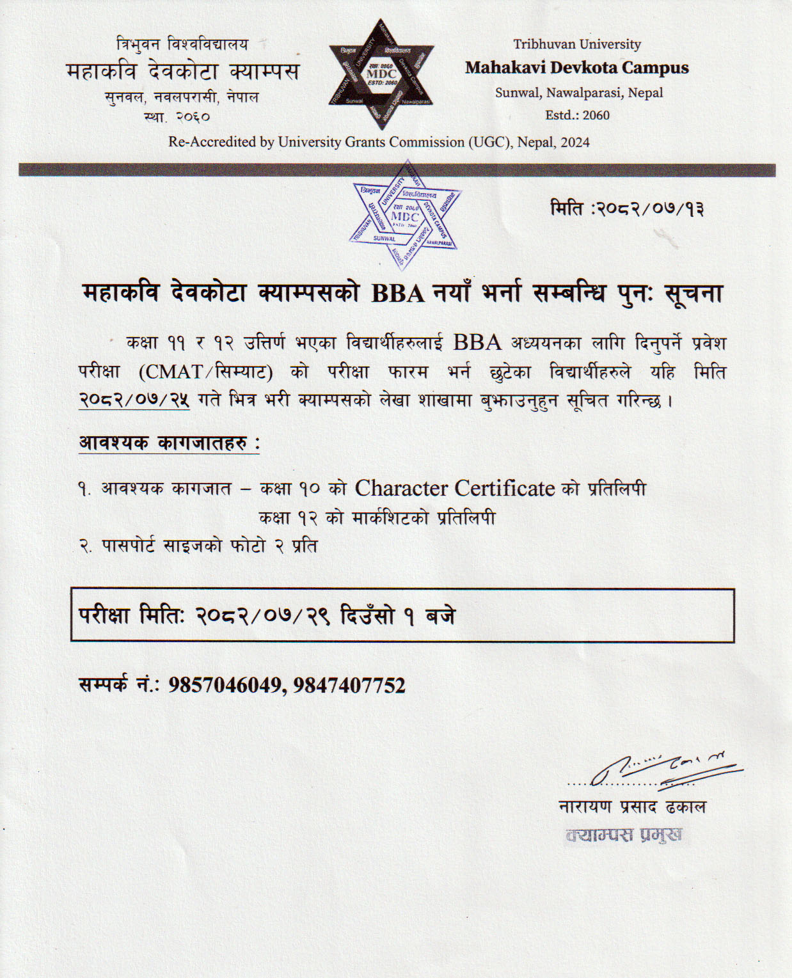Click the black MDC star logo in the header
[x=382, y=74]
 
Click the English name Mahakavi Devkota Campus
[x=576, y=68]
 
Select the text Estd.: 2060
[x=577, y=115]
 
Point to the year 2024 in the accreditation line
[x=575, y=142]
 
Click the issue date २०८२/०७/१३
[x=650, y=209]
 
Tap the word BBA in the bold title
[x=398, y=294]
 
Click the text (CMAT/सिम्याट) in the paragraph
[x=206, y=372]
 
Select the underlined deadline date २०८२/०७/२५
[x=134, y=400]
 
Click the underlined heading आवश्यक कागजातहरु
[x=169, y=443]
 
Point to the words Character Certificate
[x=455, y=489]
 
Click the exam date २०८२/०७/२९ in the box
[x=263, y=615]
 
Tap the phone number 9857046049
[x=225, y=686]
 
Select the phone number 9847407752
[x=349, y=686]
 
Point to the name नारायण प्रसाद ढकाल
[x=632, y=807]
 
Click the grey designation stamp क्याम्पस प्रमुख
[x=624, y=835]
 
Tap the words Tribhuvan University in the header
[x=576, y=44]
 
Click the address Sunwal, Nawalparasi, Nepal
[x=578, y=93]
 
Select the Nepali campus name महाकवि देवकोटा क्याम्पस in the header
[x=182, y=70]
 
